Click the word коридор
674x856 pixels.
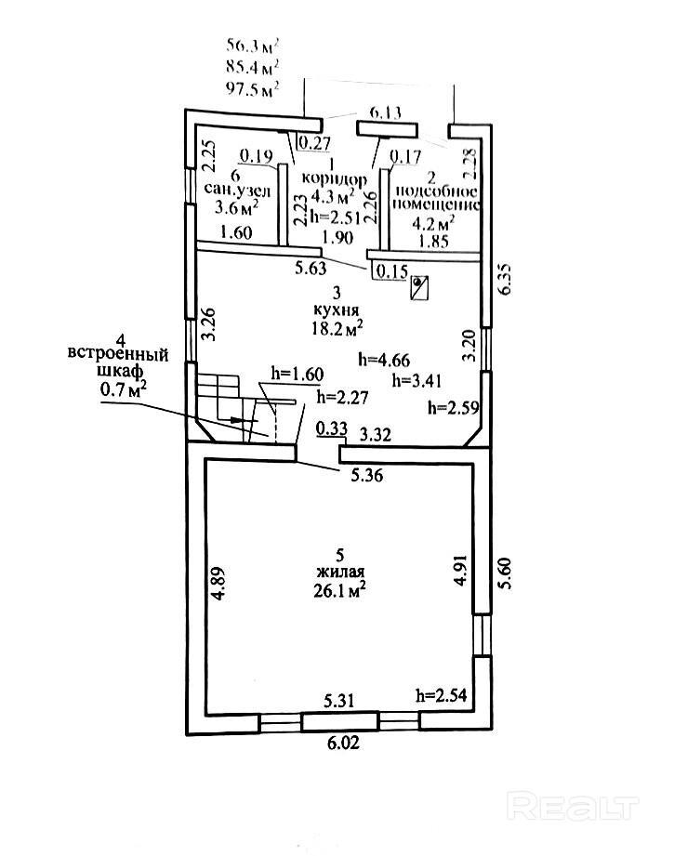[x=336, y=178]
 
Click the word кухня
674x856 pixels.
[x=337, y=309]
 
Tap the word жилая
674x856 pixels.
[x=337, y=571]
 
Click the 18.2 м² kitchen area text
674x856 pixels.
[x=337, y=327]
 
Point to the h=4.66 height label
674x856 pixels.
[x=384, y=360]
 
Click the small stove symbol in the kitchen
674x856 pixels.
[x=420, y=286]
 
